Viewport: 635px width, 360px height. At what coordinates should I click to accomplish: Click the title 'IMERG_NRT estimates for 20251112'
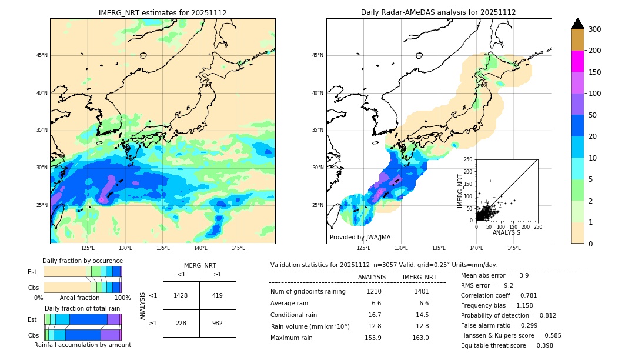(162, 12)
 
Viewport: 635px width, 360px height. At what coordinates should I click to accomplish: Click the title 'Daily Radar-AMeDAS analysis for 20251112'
(439, 12)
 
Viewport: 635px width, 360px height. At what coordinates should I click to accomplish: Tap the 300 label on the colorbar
(596, 29)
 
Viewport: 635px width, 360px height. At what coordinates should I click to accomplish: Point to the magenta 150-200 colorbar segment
(577, 61)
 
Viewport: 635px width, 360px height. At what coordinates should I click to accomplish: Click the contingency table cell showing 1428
(181, 295)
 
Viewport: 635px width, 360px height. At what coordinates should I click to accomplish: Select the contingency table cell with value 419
(218, 295)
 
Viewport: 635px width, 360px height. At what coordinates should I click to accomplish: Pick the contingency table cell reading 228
(181, 323)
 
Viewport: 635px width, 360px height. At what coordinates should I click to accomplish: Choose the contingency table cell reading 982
(218, 323)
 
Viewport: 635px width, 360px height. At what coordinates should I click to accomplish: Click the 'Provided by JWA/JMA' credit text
(360, 238)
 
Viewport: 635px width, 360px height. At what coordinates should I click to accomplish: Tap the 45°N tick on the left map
(42, 55)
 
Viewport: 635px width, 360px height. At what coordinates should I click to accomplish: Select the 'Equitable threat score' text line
(507, 345)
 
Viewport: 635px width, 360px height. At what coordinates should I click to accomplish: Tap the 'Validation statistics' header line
(383, 265)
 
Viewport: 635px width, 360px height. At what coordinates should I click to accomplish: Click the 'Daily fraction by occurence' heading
(82, 261)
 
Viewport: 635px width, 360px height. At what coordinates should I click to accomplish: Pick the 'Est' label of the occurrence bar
(32, 272)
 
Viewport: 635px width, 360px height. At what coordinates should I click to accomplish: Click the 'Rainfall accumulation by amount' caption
(82, 345)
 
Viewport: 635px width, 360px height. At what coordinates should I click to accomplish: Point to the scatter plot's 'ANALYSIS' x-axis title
(506, 232)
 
